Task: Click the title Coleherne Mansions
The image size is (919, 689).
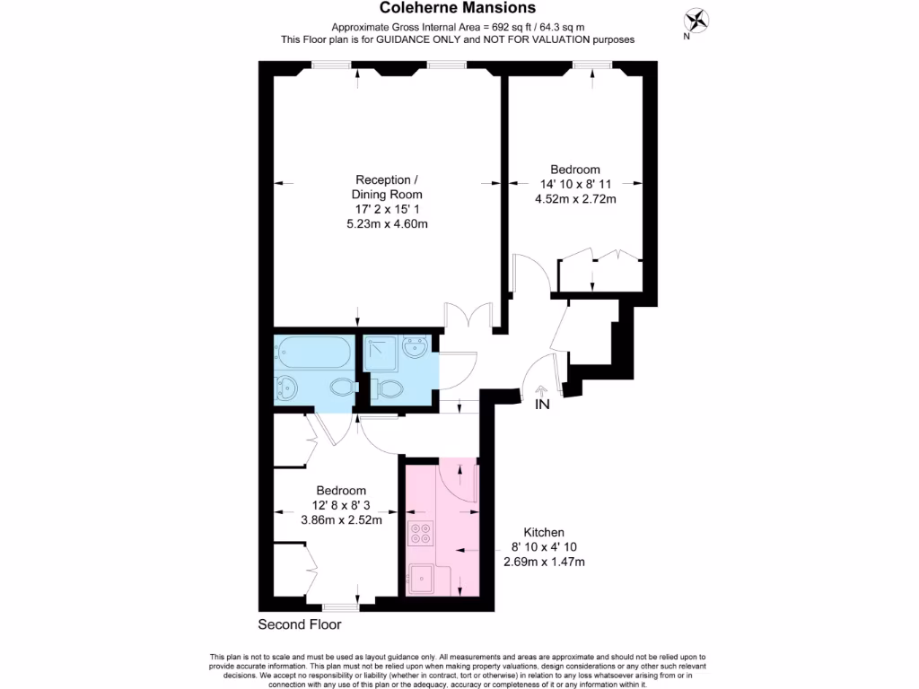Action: point(458,8)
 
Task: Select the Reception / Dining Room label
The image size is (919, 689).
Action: point(387,186)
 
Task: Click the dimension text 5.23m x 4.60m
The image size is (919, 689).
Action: point(387,224)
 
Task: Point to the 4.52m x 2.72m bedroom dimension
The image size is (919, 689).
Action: point(575,199)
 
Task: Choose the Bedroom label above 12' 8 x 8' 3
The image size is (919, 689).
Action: point(341,491)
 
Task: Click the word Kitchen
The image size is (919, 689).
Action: point(538,532)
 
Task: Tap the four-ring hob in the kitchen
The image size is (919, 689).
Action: point(420,535)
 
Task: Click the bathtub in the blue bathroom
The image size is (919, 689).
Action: point(315,352)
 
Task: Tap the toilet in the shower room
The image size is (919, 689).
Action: point(387,389)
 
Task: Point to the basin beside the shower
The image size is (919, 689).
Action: point(415,347)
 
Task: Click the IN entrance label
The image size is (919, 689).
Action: point(542,404)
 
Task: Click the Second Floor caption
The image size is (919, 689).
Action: point(300,624)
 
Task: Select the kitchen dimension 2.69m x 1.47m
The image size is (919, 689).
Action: point(547,563)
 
